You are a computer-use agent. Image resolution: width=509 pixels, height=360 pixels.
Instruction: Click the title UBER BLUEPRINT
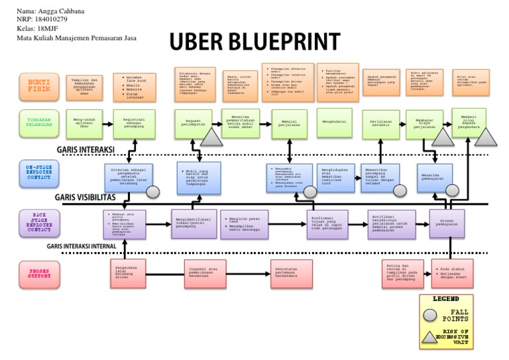click(254, 41)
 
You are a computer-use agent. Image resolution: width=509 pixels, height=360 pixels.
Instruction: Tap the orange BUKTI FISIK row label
click(38, 87)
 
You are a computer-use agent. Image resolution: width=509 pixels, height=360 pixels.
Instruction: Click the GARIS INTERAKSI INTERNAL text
click(82, 246)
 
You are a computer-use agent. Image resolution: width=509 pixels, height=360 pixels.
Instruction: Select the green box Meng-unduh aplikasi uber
click(84, 123)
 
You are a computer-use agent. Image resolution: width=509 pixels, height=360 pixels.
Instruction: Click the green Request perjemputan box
click(194, 123)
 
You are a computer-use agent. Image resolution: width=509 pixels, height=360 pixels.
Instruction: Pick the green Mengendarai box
click(334, 123)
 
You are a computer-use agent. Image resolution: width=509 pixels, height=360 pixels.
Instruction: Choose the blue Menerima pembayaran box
click(435, 176)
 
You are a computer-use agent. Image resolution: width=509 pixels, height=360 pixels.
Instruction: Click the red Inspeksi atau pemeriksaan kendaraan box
click(202, 272)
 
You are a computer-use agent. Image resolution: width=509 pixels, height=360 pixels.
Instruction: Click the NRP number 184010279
click(52, 20)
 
